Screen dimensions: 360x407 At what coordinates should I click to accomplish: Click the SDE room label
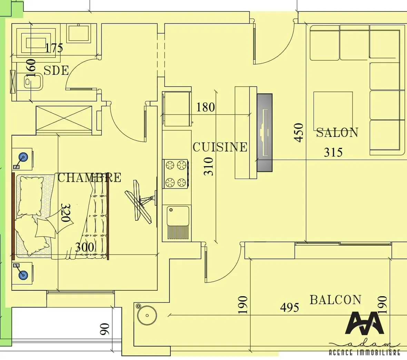56,70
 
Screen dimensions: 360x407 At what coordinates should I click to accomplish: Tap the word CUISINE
220,147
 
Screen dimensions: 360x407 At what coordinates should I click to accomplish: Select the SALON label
337,133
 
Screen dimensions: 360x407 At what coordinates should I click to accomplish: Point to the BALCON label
335,300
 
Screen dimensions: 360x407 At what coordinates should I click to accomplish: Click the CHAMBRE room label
89,178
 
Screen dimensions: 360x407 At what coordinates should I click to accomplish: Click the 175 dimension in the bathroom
54,48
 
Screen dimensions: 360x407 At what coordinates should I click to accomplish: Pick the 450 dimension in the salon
299,133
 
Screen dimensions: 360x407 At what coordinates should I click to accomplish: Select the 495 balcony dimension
289,307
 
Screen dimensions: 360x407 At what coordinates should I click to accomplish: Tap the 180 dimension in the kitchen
206,108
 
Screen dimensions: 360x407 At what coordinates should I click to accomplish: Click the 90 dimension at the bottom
105,329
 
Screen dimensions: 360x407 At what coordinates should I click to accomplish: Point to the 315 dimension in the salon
333,152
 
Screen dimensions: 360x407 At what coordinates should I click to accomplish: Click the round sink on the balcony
147,315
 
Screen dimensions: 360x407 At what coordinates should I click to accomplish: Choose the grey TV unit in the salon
265,133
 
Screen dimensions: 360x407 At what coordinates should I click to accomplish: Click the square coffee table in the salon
333,110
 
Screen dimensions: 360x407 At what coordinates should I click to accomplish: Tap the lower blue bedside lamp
23,275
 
